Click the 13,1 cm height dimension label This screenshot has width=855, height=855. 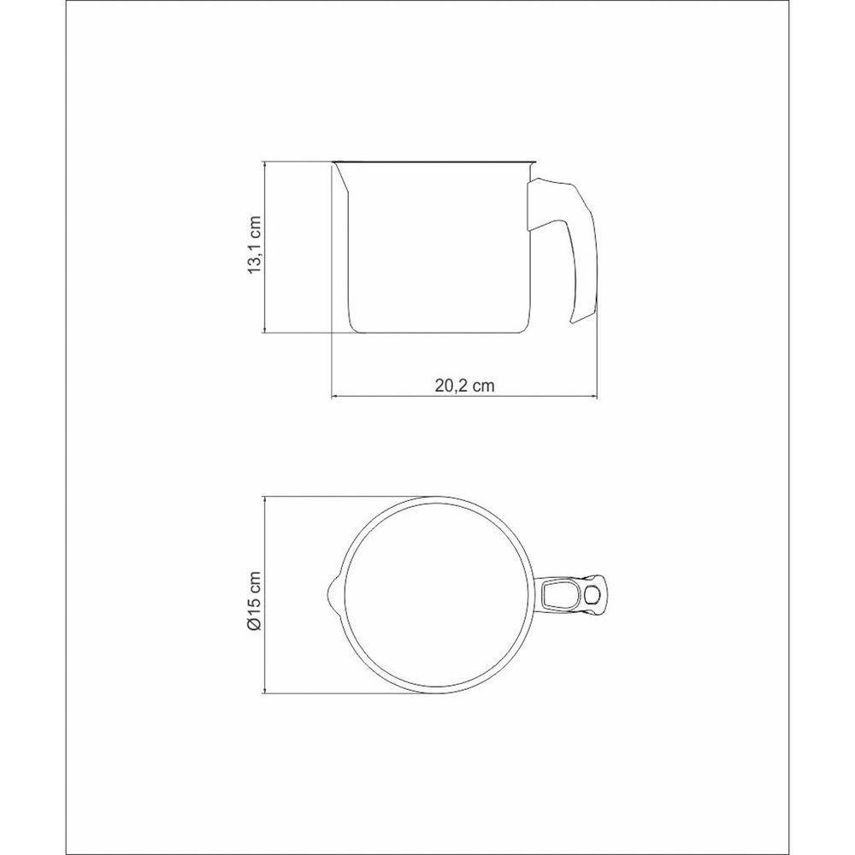click(x=255, y=245)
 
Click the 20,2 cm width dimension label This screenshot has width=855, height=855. click(x=464, y=386)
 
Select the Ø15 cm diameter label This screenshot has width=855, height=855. click(x=255, y=601)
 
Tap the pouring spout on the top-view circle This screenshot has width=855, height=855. click(x=333, y=594)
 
